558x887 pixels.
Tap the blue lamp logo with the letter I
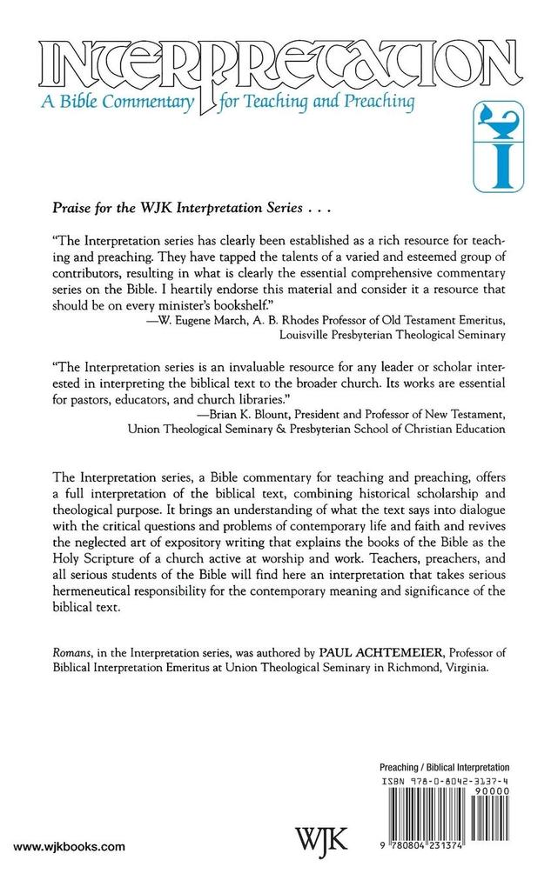tap(494, 143)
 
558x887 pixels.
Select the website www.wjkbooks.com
tap(71, 846)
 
